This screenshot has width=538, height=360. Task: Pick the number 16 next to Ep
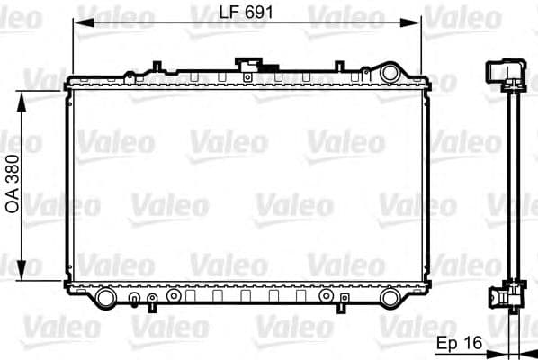pos(473,342)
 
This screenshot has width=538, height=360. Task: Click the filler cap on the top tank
pos(245,64)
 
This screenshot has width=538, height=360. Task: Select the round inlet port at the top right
pos(390,72)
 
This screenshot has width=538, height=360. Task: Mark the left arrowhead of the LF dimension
pos(78,22)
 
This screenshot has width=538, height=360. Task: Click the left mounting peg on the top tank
pos(157,65)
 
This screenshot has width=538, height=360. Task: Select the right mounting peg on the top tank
pos(338,65)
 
